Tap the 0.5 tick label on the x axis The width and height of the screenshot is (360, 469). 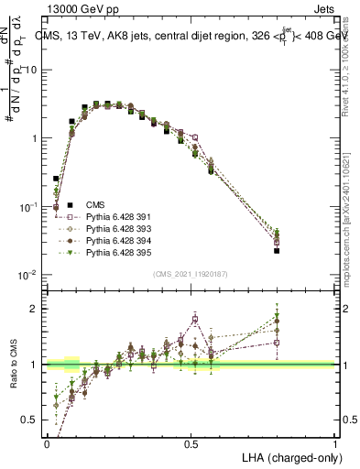[191, 442]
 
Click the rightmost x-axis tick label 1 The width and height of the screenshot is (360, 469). [335, 442]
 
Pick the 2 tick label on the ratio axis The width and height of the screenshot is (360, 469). [38, 309]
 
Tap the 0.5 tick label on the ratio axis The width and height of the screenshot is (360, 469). [33, 420]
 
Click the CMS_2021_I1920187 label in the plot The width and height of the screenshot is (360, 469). [191, 274]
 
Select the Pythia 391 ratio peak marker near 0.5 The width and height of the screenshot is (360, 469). [195, 319]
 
